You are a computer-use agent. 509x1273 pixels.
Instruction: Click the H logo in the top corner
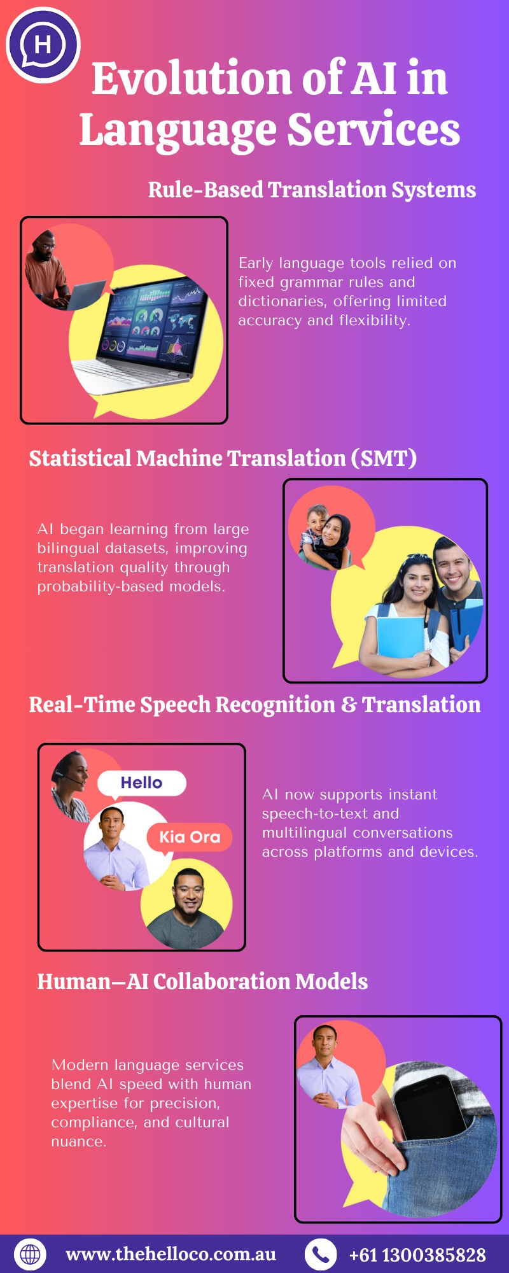tap(43, 45)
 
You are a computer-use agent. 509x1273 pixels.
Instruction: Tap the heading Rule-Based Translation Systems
tap(312, 190)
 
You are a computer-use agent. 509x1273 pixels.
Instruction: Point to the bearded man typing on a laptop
tap(48, 267)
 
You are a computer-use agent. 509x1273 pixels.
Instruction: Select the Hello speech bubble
tap(141, 783)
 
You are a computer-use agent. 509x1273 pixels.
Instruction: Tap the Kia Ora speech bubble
tap(190, 837)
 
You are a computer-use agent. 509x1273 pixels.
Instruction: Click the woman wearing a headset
tap(70, 785)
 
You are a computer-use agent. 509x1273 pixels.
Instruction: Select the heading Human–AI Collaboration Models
tap(202, 981)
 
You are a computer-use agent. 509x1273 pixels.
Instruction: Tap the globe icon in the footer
tap(30, 1254)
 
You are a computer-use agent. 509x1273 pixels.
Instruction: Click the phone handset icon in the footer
tap(321, 1254)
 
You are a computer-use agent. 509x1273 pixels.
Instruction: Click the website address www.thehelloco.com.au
tap(171, 1254)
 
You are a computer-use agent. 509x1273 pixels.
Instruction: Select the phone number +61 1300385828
tap(417, 1255)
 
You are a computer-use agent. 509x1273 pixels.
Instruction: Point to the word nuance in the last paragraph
tap(77, 1141)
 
